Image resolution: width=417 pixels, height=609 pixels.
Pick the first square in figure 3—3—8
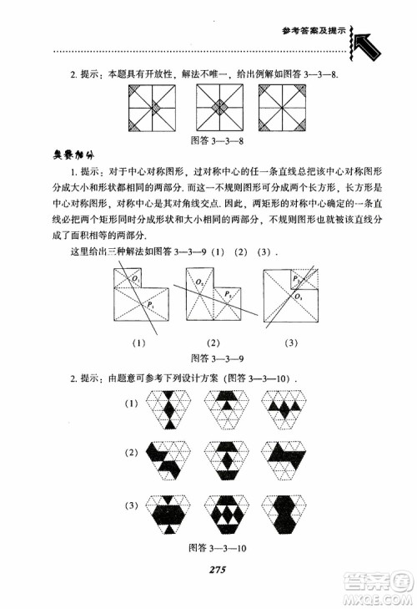click(153, 109)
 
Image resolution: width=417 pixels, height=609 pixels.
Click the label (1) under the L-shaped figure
click(138, 342)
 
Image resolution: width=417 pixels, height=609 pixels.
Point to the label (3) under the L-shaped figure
click(291, 342)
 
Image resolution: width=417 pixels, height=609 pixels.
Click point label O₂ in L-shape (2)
click(200, 282)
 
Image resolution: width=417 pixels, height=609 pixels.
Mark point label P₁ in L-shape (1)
click(151, 307)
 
